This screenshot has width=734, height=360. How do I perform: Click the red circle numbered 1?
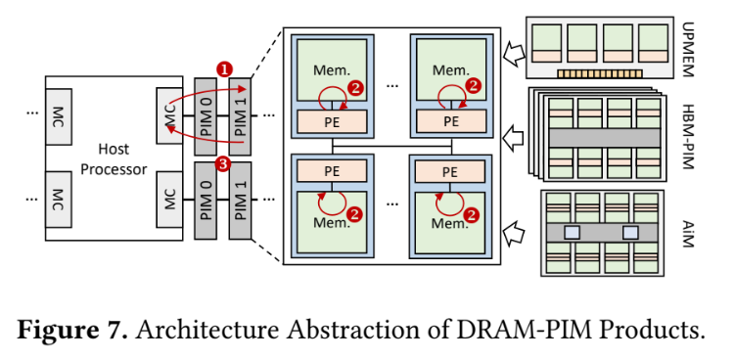click(224, 70)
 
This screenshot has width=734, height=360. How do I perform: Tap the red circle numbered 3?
click(224, 164)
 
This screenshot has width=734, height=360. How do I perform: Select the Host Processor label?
click(114, 159)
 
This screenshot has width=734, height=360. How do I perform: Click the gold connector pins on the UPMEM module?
click(600, 74)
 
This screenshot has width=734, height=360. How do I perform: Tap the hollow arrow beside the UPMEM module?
click(514, 53)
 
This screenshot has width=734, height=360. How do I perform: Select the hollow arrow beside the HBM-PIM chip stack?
click(514, 138)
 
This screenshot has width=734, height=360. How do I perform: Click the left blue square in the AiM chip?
click(572, 233)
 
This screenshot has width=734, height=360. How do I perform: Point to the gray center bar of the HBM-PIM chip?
click(605, 138)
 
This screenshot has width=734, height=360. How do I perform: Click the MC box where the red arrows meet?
click(169, 116)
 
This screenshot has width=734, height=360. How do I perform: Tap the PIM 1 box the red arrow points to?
click(240, 116)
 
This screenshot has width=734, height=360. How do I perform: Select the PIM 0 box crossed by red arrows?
click(206, 116)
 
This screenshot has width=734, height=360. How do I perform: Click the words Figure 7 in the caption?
click(72, 330)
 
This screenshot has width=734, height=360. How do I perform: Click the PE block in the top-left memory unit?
click(333, 121)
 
